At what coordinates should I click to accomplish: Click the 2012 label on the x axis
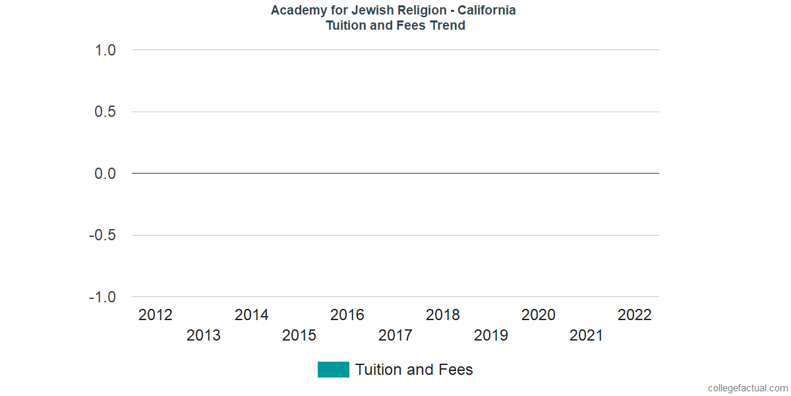point(156,315)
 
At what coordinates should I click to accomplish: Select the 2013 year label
point(204,335)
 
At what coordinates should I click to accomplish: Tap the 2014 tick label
point(252,315)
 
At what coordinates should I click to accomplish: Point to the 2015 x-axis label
point(299,335)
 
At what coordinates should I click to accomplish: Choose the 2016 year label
point(347,315)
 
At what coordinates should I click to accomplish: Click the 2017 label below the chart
point(395,335)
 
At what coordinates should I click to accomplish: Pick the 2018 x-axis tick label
point(443,315)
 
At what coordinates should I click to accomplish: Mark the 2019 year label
point(491,335)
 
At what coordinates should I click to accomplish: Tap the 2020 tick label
point(539,315)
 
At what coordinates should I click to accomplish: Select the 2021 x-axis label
point(587,335)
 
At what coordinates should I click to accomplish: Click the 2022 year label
point(634,315)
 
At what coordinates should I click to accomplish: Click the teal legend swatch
point(333,370)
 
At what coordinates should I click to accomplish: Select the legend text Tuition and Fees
point(414,370)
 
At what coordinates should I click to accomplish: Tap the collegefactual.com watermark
point(747,388)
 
